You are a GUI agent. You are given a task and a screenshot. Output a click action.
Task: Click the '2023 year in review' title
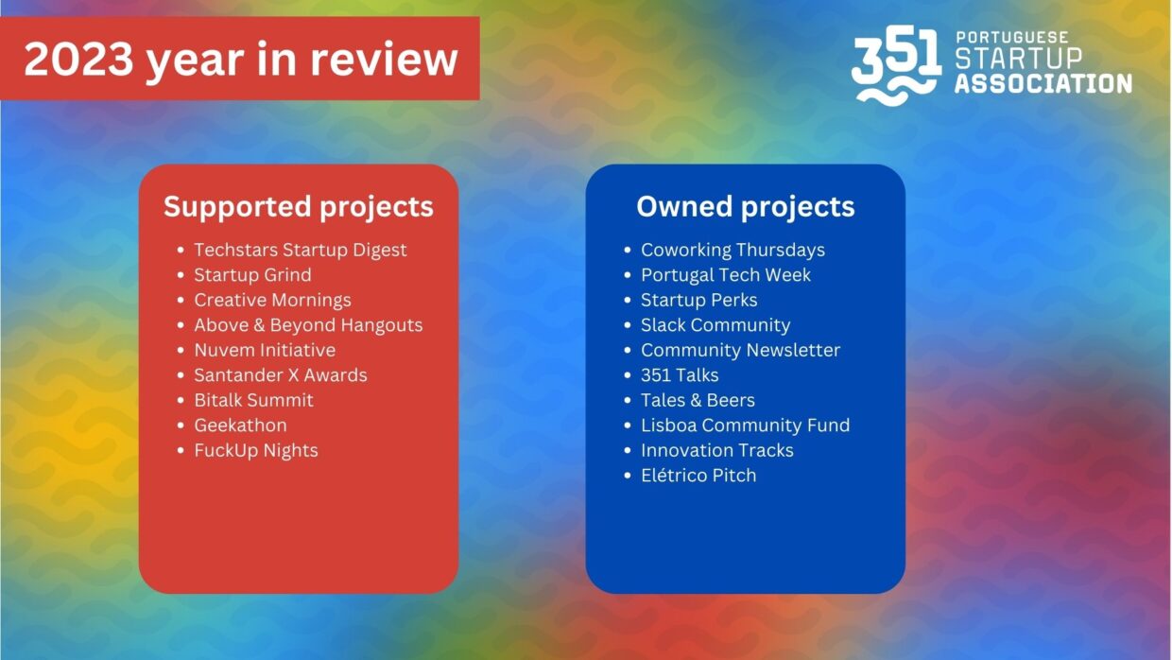tap(241, 61)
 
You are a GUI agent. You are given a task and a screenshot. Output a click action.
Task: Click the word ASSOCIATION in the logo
tap(1043, 84)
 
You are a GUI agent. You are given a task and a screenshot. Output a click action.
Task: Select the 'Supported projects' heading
tap(299, 207)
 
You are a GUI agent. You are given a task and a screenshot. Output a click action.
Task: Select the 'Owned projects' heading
tap(746, 207)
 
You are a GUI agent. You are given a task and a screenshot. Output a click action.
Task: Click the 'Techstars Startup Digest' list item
tap(301, 251)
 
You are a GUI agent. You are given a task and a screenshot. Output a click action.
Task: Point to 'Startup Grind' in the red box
tap(252, 275)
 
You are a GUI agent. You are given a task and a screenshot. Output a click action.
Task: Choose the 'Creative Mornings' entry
tap(272, 301)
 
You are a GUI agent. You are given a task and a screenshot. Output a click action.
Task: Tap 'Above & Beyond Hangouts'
tap(308, 325)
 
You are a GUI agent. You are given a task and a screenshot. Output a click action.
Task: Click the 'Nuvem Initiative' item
tap(265, 350)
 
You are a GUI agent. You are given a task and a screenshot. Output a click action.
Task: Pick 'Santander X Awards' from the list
tap(281, 375)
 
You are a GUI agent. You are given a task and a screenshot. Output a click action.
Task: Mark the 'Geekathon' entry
tap(240, 426)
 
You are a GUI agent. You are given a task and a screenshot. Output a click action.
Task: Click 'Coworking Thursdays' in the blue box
tap(732, 251)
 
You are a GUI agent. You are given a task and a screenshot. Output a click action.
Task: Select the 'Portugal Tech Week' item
tap(726, 275)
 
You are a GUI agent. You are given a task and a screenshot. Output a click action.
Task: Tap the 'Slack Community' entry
tap(715, 325)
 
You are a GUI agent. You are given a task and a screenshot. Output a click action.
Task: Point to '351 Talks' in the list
tap(680, 375)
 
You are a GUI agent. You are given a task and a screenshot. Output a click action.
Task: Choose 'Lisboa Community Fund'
tap(745, 426)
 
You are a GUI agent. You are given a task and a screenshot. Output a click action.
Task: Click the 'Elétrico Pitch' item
tap(698, 476)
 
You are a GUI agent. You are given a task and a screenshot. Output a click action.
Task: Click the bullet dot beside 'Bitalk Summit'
tap(181, 400)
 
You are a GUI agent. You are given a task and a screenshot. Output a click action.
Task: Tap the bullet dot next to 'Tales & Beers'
tap(628, 400)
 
